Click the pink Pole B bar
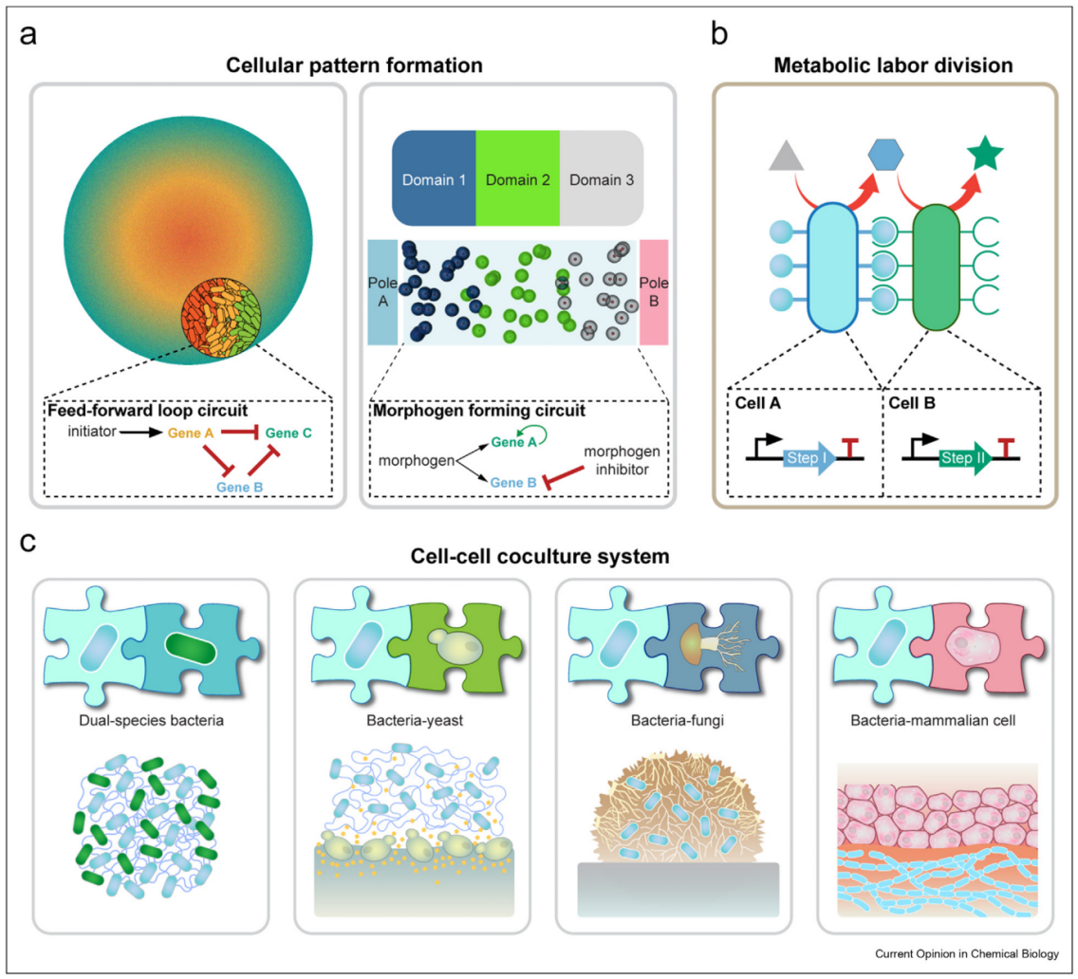[655, 291]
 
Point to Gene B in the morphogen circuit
[512, 482]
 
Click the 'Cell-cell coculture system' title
[538, 557]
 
